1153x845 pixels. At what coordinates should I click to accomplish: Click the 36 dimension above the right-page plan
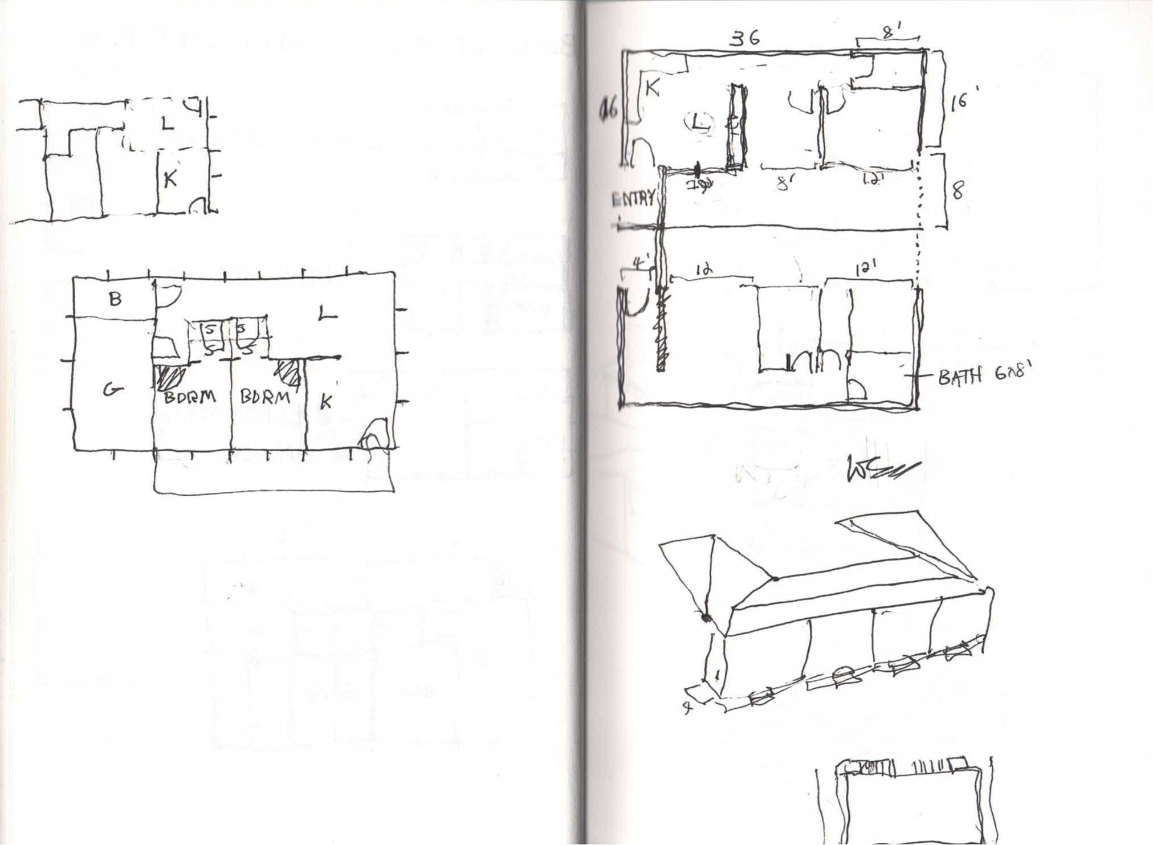pyautogui.click(x=746, y=39)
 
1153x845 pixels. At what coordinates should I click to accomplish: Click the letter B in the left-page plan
pyautogui.click(x=115, y=299)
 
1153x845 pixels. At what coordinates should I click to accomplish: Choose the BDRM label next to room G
pyautogui.click(x=190, y=397)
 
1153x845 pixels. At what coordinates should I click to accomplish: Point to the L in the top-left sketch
pyautogui.click(x=166, y=124)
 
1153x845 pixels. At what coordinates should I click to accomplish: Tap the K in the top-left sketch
pyautogui.click(x=170, y=179)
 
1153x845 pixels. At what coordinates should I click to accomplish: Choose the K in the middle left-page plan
pyautogui.click(x=325, y=402)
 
